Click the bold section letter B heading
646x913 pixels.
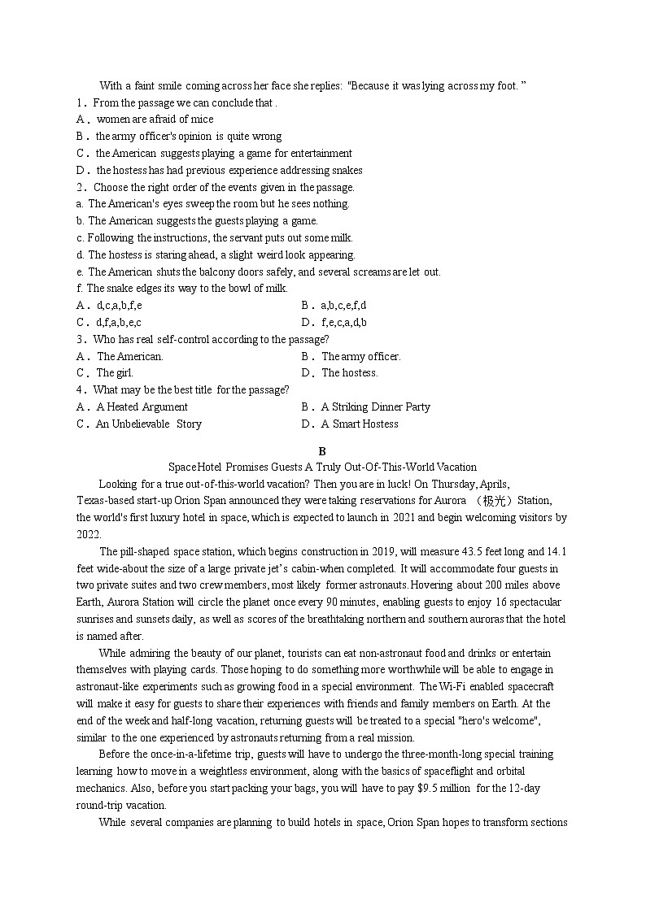[322, 451]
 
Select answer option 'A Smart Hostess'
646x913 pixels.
[360, 424]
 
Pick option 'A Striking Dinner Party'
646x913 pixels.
[375, 407]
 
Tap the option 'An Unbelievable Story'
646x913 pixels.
[148, 424]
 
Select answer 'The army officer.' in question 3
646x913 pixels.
[360, 356]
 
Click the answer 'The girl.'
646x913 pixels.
[115, 373]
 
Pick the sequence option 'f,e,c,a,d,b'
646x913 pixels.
[343, 323]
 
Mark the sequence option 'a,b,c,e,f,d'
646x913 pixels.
[343, 306]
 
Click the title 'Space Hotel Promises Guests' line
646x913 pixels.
[322, 467]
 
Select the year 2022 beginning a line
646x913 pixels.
[89, 534]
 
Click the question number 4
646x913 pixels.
[81, 390]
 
